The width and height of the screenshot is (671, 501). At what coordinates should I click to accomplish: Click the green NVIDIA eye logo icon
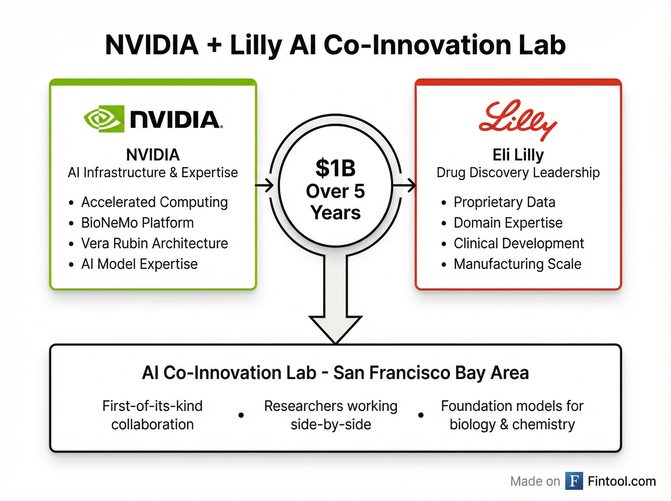coord(104,119)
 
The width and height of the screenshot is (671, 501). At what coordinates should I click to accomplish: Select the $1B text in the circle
coord(335,168)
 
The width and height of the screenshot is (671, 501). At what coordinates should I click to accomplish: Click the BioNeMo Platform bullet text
coord(137,223)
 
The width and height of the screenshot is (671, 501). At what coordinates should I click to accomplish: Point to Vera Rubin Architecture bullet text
coord(155,244)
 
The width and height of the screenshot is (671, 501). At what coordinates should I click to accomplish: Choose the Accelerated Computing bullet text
coord(155,203)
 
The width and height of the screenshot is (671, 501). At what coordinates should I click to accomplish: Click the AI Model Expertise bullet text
coord(140,264)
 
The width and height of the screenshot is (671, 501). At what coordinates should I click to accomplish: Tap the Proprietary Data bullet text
coord(505,203)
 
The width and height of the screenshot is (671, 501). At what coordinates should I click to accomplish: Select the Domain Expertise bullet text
coord(508,223)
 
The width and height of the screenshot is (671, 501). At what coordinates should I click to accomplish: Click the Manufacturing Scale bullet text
coord(518,264)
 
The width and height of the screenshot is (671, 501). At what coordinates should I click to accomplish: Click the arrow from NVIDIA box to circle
coord(264,185)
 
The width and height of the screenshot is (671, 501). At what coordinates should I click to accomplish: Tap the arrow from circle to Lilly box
coord(404,185)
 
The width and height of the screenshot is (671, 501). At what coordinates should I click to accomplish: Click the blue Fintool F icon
coord(574,481)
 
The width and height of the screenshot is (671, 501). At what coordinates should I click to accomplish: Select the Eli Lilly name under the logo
coord(518,155)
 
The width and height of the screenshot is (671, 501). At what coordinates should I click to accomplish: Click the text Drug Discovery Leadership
coord(518,173)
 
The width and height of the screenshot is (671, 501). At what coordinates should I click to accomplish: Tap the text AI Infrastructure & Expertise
coord(153,173)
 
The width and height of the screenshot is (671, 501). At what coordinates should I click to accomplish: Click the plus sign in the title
coord(214,46)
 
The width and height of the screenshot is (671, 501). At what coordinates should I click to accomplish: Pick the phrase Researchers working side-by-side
coord(331,415)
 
